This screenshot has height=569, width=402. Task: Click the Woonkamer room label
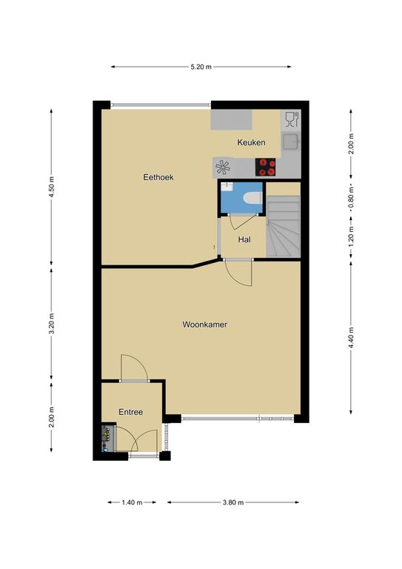coord(204,325)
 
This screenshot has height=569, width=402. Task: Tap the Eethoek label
coord(158,177)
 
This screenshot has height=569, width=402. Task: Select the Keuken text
coord(251,142)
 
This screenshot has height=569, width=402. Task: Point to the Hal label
coord(244,239)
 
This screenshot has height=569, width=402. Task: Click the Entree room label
coord(130,412)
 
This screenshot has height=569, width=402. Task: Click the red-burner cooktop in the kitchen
coord(265,167)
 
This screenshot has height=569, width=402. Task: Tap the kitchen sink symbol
coord(291,142)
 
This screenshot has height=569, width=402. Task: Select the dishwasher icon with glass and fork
coord(292,119)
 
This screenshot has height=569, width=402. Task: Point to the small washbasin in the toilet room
coord(227,187)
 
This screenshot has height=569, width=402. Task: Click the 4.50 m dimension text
coord(51,187)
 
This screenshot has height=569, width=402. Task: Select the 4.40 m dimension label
coord(350,338)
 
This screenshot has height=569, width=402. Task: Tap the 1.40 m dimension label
coord(132,502)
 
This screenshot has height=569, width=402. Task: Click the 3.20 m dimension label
coord(51,323)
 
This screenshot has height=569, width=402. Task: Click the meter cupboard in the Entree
coord(108,438)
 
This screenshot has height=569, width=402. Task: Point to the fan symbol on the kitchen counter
coord(223,167)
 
